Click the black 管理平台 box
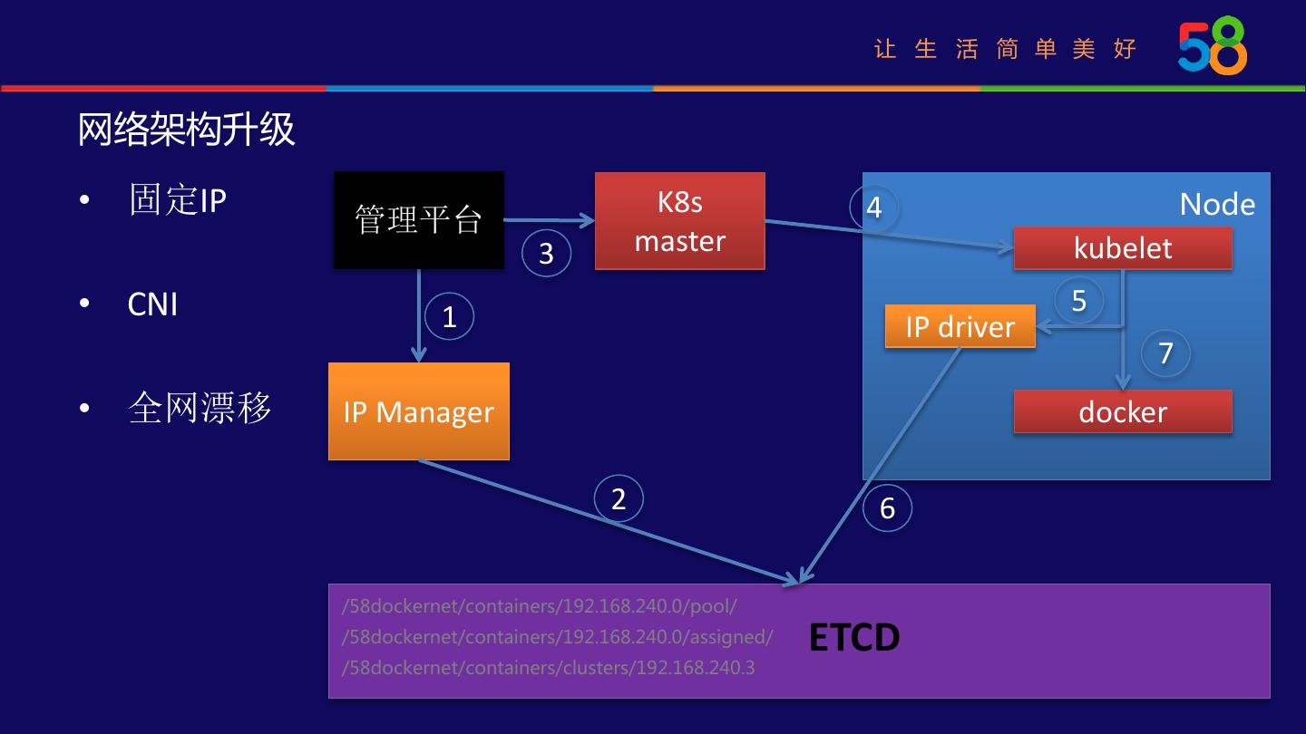point(418,220)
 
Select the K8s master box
point(679,221)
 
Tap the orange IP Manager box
point(418,411)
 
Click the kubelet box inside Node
point(1123,248)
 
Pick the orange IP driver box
point(960,326)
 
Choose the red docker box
point(1123,411)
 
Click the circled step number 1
point(449,317)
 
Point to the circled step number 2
point(619,498)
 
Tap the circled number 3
point(546,253)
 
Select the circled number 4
point(873,208)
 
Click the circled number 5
point(1078,300)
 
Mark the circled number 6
point(887,507)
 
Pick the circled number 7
point(1166,353)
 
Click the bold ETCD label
point(853,638)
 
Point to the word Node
point(1217,204)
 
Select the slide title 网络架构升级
point(186,130)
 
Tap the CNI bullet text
point(152,304)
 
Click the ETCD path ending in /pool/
point(539,605)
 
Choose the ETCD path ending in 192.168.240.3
point(548,668)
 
